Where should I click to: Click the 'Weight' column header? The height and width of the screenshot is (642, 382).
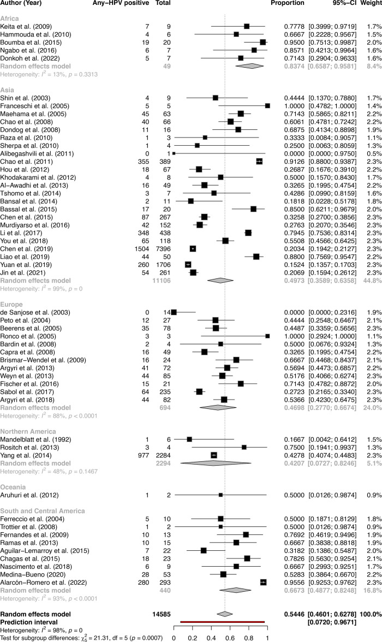pos(371,3)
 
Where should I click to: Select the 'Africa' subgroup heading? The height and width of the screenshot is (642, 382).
pos(9,19)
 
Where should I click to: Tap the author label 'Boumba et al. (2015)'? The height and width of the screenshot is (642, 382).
pos(31,43)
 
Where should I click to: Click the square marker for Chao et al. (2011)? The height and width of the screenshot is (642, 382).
pos(259,162)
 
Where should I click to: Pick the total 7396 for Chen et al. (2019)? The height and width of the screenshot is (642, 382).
pos(163,249)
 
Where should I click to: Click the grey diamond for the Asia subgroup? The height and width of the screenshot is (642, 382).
pos(220,281)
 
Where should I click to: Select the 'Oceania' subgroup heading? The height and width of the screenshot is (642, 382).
pos(13,487)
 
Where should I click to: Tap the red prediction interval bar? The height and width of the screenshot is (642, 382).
pos(223,622)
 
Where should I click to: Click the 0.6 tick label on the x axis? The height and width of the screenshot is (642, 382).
pos(230,638)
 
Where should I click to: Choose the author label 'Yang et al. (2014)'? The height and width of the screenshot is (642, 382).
pos(26,456)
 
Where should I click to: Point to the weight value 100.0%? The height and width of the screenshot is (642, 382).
pos(371,614)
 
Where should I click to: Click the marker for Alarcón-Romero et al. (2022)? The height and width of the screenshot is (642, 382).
pos(263,582)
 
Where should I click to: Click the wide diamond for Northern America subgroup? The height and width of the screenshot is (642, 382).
pos(216,463)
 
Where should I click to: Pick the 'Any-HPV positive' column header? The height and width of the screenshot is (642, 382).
pos(121,3)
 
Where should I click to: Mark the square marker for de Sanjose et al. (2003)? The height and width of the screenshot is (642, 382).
pos(174,312)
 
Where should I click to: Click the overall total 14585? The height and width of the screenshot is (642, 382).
pos(162,614)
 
